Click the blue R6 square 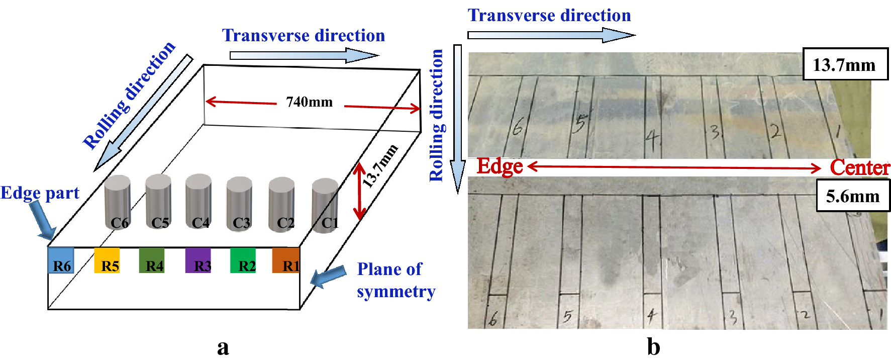(x=61, y=260)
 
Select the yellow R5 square (x=107, y=260)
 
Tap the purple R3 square (x=198, y=260)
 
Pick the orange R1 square (x=286, y=260)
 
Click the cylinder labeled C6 (x=118, y=202)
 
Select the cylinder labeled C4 (x=198, y=201)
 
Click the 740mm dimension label (x=309, y=102)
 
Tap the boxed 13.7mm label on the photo (x=845, y=64)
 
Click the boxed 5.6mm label (x=852, y=196)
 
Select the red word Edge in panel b (x=500, y=166)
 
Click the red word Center (x=859, y=168)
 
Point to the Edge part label (x=40, y=193)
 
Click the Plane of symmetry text (x=395, y=280)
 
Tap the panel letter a (x=223, y=347)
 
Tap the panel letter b (x=653, y=347)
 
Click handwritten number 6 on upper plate (x=518, y=127)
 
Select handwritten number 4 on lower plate (x=652, y=316)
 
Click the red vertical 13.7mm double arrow (x=359, y=191)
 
